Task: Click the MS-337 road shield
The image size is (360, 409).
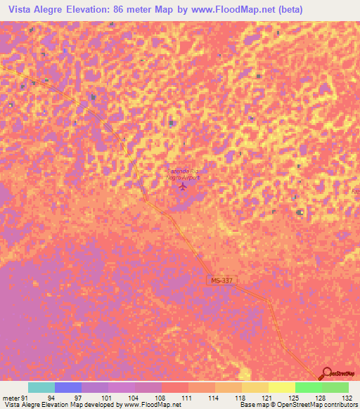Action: tap(221, 280)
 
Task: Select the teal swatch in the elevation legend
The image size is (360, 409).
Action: tap(41, 387)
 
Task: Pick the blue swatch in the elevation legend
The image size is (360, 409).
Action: tap(68, 387)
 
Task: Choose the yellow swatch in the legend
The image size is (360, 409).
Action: tap(282, 387)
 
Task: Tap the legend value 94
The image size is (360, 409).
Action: tap(51, 397)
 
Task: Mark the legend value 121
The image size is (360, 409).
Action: tap(264, 397)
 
